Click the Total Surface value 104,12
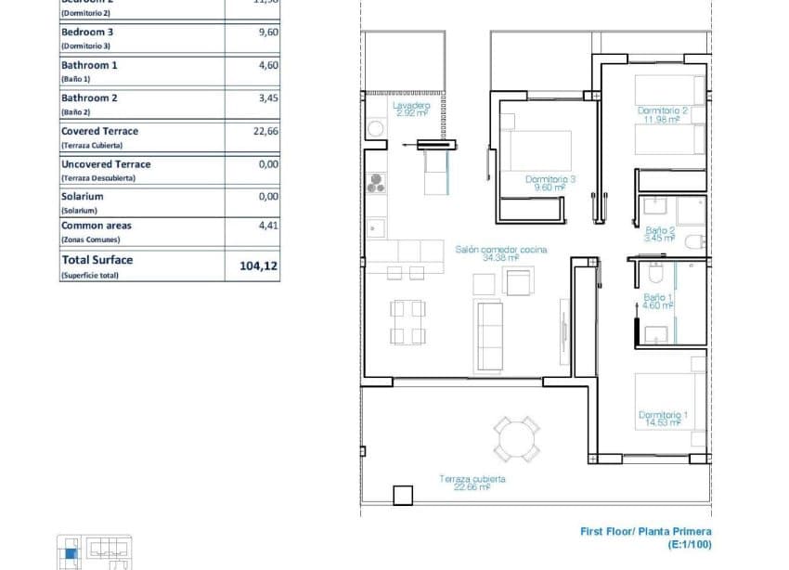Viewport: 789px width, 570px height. (x=258, y=266)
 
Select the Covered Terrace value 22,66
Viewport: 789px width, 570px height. (x=265, y=132)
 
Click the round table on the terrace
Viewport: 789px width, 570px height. (x=516, y=439)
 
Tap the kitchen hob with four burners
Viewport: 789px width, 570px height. (x=376, y=185)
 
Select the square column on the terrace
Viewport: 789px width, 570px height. (x=402, y=496)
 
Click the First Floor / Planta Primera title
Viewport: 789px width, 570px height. (x=645, y=532)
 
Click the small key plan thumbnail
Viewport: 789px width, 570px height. (x=94, y=552)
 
